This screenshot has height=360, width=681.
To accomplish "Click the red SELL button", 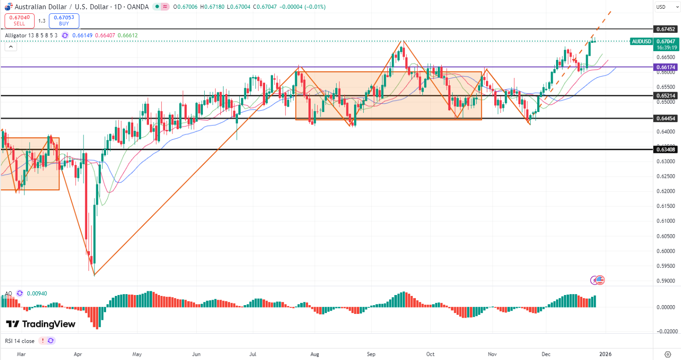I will (x=19, y=20).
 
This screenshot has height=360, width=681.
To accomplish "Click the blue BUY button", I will (x=64, y=20).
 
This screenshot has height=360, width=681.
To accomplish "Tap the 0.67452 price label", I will (x=665, y=29).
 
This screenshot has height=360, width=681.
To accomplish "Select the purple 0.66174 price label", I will (x=665, y=67).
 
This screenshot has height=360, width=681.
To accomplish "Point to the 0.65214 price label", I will (x=665, y=95).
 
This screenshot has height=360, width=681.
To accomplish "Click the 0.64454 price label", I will (x=665, y=118).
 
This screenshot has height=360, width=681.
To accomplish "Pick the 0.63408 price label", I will (x=665, y=149).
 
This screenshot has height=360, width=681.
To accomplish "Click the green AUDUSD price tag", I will (x=641, y=41).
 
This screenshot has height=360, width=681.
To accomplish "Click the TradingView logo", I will (x=41, y=324).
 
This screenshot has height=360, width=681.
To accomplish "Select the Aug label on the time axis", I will (x=314, y=354).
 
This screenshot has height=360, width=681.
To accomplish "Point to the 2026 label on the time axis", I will (x=605, y=354).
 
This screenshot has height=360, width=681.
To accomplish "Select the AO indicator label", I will (x=8, y=293).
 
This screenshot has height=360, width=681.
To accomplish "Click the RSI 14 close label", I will (x=20, y=341).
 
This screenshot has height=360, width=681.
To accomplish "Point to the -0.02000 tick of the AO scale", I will (x=666, y=331).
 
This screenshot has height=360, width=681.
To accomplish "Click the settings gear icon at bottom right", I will (x=668, y=354).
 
